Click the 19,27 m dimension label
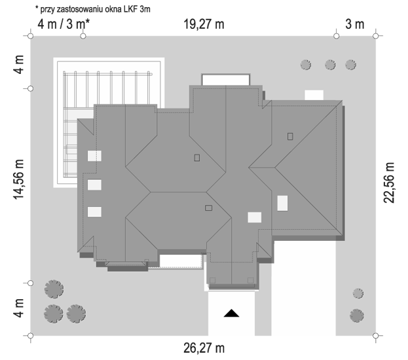[204, 24]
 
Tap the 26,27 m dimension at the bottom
[204, 348]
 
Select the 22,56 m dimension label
[389, 183]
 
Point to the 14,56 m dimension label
[18, 180]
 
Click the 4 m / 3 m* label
[64, 24]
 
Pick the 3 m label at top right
[355, 24]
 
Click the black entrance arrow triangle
[231, 313]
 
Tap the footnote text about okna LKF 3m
[93, 9]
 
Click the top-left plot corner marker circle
[30, 36]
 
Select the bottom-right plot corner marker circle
[375, 336]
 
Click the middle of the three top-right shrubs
[330, 65]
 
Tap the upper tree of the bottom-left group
[54, 289]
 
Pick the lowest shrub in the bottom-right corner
[357, 315]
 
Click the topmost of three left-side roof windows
[94, 156]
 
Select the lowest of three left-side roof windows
[94, 211]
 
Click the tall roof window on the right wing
[282, 203]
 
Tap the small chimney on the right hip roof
[290, 136]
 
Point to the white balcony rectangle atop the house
[225, 80]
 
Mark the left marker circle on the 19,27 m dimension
[83, 36]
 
